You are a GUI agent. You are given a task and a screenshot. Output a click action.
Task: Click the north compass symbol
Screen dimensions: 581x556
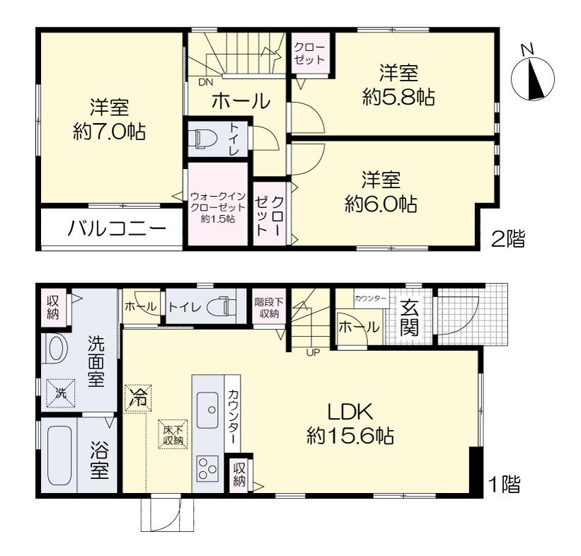(532, 76)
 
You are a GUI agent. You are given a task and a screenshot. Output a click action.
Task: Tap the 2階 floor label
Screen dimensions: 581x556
(508, 238)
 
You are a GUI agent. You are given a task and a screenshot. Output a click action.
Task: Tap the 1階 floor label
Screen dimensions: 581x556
(505, 484)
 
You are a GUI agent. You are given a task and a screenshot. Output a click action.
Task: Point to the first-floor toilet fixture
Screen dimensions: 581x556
(221, 307)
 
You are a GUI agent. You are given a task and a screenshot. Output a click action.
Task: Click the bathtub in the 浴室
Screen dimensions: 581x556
(59, 456)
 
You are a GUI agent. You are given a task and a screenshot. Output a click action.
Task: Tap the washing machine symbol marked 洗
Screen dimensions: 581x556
(60, 393)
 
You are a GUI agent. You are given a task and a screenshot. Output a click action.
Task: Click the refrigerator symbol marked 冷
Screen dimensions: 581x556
(138, 398)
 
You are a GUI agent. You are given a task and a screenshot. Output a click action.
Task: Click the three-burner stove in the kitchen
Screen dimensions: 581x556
(207, 468)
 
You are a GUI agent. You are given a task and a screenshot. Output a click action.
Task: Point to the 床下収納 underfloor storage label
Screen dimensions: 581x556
(173, 435)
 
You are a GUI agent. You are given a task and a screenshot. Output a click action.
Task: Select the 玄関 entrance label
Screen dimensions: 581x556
(410, 318)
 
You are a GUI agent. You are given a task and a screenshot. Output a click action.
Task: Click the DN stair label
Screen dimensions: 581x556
(205, 82)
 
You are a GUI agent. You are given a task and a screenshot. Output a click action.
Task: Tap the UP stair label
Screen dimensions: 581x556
(313, 353)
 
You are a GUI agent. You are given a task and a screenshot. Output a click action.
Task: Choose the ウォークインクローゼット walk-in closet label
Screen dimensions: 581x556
(217, 207)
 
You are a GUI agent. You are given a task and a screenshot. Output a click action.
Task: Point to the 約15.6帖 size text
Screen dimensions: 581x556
(350, 436)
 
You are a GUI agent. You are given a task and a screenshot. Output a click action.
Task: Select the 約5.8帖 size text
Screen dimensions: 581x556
(398, 98)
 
